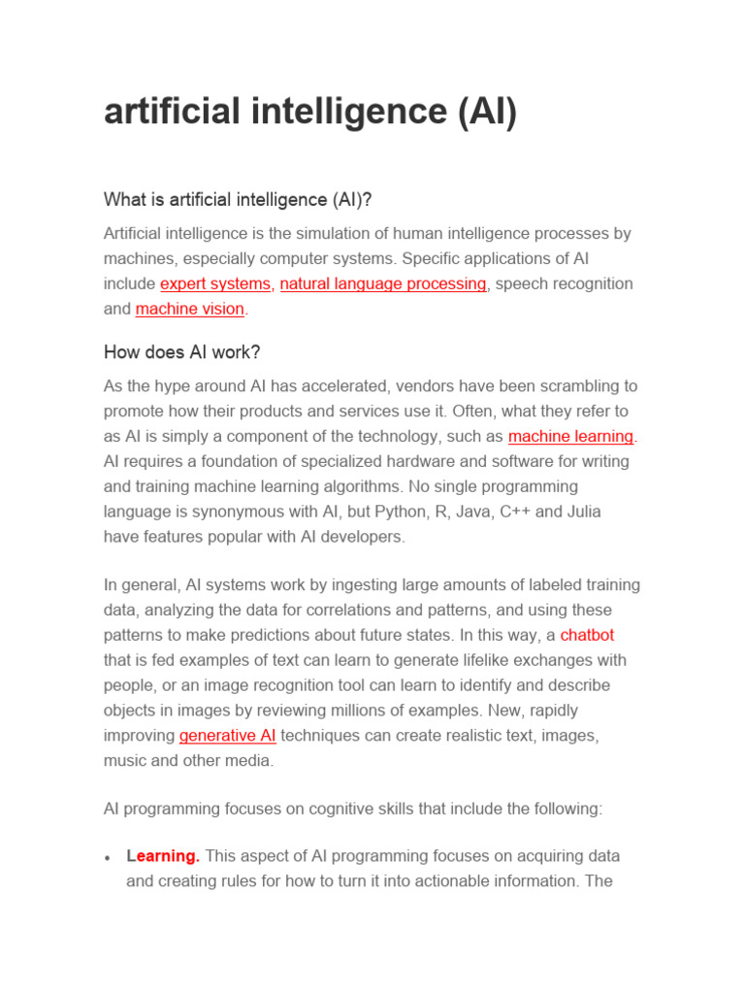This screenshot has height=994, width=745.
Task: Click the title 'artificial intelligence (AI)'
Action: point(310,113)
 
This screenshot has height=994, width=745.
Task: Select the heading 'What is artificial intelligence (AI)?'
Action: point(238,199)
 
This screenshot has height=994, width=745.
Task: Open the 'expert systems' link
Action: point(215,283)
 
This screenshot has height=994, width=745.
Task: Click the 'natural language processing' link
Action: point(383,283)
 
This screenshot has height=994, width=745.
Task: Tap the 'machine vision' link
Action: point(190,309)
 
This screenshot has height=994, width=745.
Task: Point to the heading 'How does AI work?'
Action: point(182,351)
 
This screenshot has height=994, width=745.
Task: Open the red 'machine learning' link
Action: point(570,436)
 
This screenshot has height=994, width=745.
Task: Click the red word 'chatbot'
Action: point(587,635)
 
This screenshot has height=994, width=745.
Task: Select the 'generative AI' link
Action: point(228,735)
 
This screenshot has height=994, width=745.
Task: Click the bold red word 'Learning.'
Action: point(163,856)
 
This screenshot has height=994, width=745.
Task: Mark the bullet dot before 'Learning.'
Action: point(109,858)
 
